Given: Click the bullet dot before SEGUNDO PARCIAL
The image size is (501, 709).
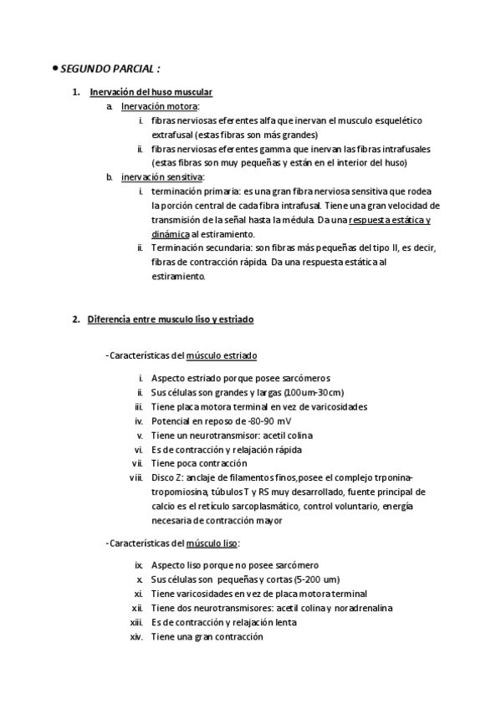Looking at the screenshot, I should click(54, 67).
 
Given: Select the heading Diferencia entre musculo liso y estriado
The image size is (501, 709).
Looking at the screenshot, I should click(170, 319).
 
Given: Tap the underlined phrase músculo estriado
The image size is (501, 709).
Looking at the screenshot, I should click(222, 355).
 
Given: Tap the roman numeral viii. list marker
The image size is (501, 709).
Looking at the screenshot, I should click(135, 477).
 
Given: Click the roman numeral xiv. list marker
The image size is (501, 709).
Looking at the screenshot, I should click(136, 636).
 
